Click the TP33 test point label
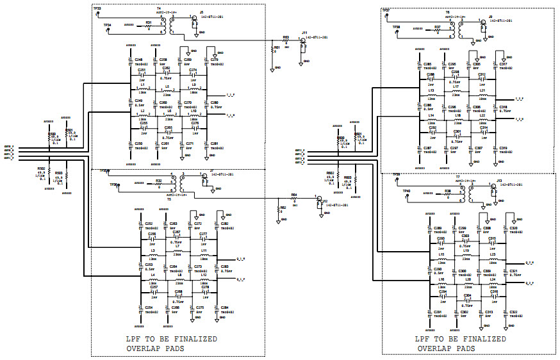[97, 8]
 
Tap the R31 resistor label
[149, 22]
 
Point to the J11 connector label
[305, 32]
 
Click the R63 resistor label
[286, 38]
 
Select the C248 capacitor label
[138, 60]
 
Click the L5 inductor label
[167, 86]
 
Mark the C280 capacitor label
[214, 102]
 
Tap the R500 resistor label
[51, 135]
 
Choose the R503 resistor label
[59, 173]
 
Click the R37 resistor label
[438, 28]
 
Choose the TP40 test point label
[406, 191]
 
